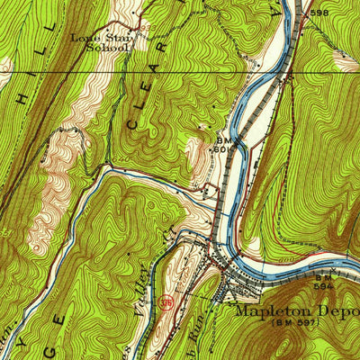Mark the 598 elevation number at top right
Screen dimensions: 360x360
pos(318,13)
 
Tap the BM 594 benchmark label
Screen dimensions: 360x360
pos(324,283)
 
